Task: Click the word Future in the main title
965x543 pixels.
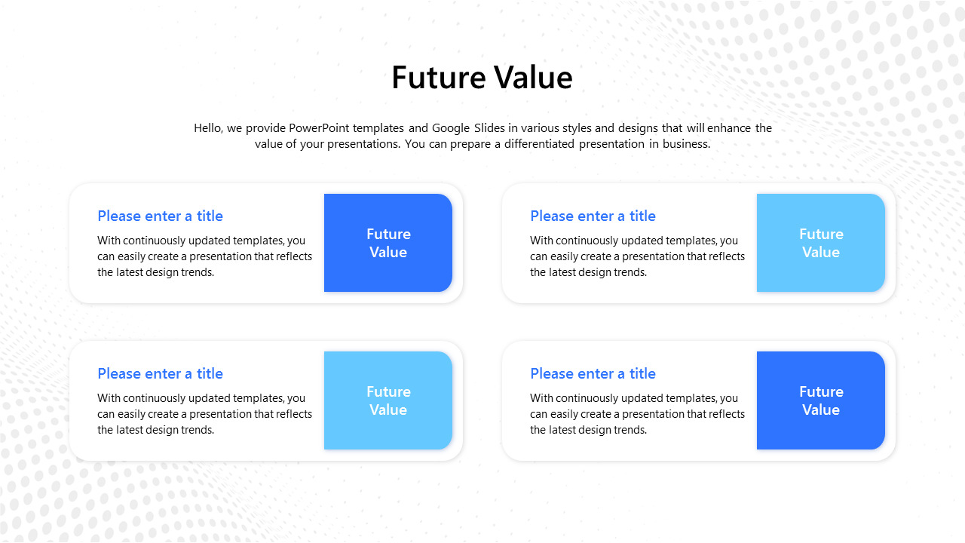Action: (x=438, y=78)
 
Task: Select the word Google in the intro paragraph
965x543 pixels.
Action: (x=451, y=128)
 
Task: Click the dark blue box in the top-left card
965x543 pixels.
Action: (x=388, y=243)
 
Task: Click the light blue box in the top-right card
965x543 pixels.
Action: (x=821, y=243)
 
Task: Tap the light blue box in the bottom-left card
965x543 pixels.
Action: (x=388, y=400)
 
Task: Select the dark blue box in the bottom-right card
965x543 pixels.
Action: (x=821, y=400)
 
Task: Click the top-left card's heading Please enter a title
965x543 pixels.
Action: (x=160, y=216)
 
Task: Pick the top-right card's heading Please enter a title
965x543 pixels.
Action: (x=593, y=216)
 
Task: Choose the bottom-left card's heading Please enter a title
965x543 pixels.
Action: (x=160, y=374)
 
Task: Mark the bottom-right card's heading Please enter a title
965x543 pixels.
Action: (x=593, y=374)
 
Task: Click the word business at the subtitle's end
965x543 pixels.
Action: (x=686, y=144)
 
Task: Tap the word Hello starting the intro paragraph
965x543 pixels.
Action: (x=207, y=128)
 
